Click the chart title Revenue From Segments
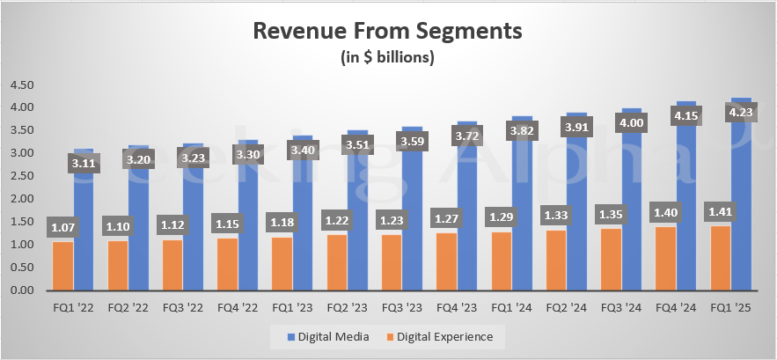tap(387, 33)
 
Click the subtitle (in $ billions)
tap(387, 58)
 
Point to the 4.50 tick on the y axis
tap(21, 85)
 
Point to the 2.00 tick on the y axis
tap(21, 199)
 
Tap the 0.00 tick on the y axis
tap(21, 290)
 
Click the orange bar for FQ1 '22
tap(62, 266)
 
